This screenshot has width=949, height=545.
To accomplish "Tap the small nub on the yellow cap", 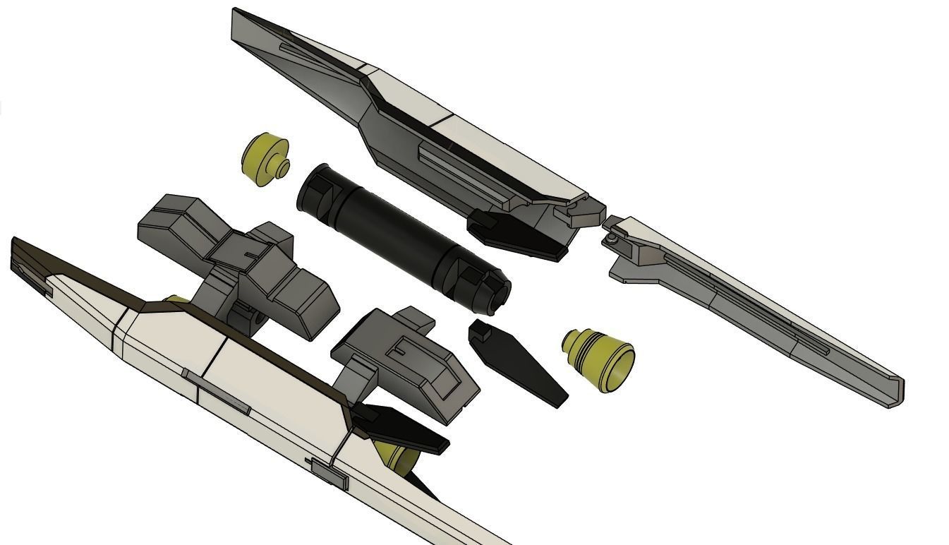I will pyautogui.click(x=282, y=169).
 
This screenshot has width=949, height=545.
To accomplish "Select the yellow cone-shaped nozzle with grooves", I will pyautogui.click(x=597, y=357).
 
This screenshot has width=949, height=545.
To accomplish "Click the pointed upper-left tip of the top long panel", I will pyautogui.click(x=236, y=14).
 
